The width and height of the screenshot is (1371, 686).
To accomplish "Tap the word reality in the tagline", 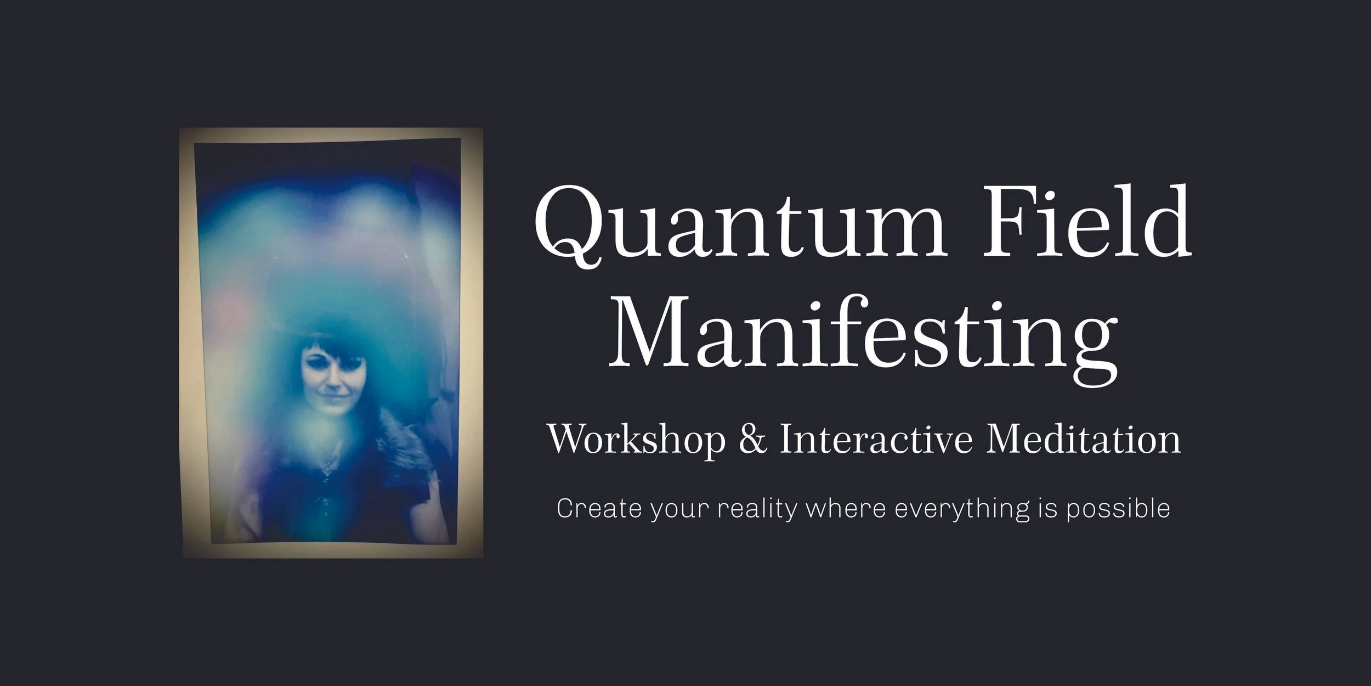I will click(757, 509).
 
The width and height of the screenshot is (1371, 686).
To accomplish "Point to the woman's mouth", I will click(328, 407).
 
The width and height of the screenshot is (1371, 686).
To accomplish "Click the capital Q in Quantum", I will click(568, 225).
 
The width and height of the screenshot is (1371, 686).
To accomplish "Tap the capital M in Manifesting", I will click(650, 335).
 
